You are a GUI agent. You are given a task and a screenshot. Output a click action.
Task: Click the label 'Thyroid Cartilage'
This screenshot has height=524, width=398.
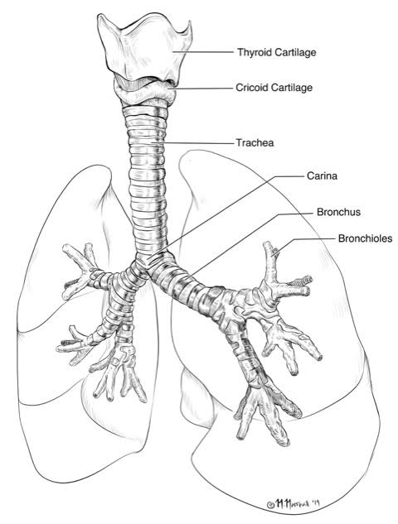tap(276, 52)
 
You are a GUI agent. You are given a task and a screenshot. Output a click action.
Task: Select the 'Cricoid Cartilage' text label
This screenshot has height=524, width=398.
tap(274, 88)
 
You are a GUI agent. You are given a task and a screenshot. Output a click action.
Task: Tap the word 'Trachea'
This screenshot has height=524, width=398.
tap(255, 142)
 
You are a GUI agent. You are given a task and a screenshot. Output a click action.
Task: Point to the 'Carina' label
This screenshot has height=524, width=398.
tap(322, 175)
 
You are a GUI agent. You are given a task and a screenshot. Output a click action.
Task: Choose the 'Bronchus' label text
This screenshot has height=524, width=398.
tap(338, 212)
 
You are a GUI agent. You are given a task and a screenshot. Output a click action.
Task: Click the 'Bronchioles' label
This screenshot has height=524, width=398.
tap(365, 238)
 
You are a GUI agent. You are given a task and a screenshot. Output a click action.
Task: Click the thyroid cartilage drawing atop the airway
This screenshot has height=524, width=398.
tap(144, 47)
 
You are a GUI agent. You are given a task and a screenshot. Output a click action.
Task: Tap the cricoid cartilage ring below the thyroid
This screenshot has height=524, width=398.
tap(144, 90)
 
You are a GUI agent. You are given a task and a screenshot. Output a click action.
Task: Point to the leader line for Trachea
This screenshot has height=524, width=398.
tap(192, 143)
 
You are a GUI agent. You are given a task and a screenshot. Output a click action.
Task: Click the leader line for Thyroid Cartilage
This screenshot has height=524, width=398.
tap(203, 52)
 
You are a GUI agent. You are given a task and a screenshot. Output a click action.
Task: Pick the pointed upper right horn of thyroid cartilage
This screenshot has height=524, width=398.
tap(190, 22)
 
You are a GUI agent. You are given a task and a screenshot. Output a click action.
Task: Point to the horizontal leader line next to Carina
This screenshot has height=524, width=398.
tap(290, 176)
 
